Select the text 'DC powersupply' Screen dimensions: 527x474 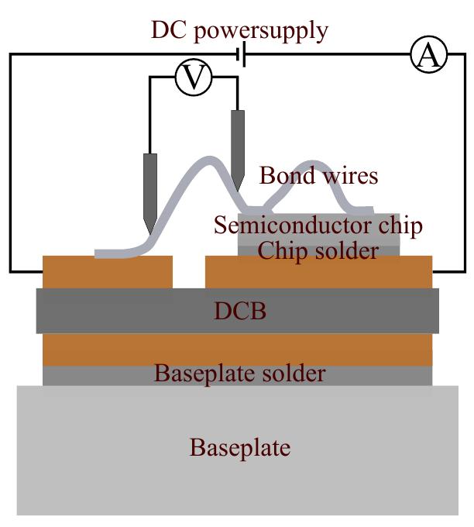tap(239, 31)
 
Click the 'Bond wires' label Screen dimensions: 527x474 tap(318, 176)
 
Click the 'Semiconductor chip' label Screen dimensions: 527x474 tap(318, 226)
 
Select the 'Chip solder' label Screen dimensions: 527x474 tap(318, 250)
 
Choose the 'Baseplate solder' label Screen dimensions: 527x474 tap(239, 374)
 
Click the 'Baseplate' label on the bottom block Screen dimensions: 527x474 tap(239, 447)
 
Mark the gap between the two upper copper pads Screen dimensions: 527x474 tap(188, 271)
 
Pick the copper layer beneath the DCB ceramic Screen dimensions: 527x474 tap(237, 350)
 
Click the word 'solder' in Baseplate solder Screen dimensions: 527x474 tap(294, 374)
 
